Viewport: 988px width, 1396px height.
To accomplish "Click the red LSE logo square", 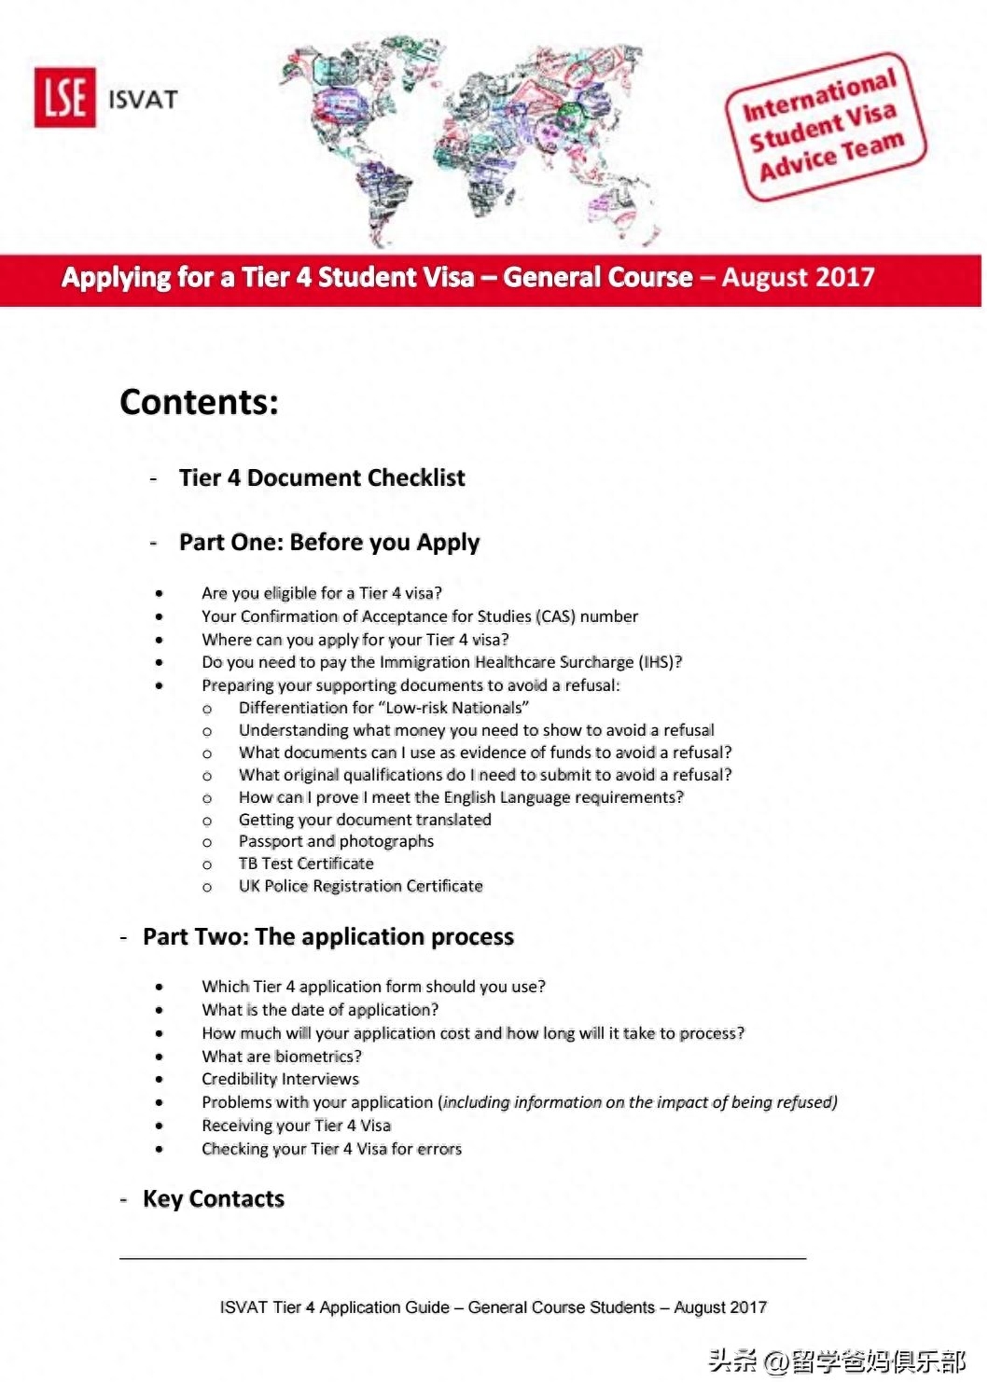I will pyautogui.click(x=64, y=97).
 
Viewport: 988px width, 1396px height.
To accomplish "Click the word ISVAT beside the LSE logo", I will pyautogui.click(x=142, y=99).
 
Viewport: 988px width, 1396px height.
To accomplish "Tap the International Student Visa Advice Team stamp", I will pyautogui.click(x=825, y=126).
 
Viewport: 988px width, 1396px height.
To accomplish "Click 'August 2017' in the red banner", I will pyautogui.click(x=798, y=277).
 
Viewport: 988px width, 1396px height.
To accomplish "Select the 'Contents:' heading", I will pyautogui.click(x=199, y=402).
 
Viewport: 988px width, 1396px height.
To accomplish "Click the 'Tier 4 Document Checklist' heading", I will pyautogui.click(x=322, y=477).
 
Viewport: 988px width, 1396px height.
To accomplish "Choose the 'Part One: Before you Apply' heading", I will pyautogui.click(x=329, y=542).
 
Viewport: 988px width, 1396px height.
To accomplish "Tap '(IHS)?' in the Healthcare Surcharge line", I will pyautogui.click(x=661, y=662).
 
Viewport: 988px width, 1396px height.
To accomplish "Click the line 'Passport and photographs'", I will pyautogui.click(x=336, y=841).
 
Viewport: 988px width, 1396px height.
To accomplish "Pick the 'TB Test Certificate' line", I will pyautogui.click(x=306, y=864).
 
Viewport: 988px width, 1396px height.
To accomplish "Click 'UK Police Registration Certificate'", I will pyautogui.click(x=360, y=886).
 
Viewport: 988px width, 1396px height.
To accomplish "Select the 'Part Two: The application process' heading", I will pyautogui.click(x=327, y=936).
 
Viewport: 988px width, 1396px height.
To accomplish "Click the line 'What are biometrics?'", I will pyautogui.click(x=282, y=1057).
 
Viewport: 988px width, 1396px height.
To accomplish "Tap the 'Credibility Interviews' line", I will pyautogui.click(x=280, y=1079).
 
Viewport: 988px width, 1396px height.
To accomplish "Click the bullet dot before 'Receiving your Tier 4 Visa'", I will pyautogui.click(x=160, y=1126).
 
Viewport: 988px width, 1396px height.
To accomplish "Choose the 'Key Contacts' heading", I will pyautogui.click(x=213, y=1198).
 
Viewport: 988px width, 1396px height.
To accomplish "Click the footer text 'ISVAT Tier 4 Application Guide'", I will pyautogui.click(x=334, y=1307).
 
